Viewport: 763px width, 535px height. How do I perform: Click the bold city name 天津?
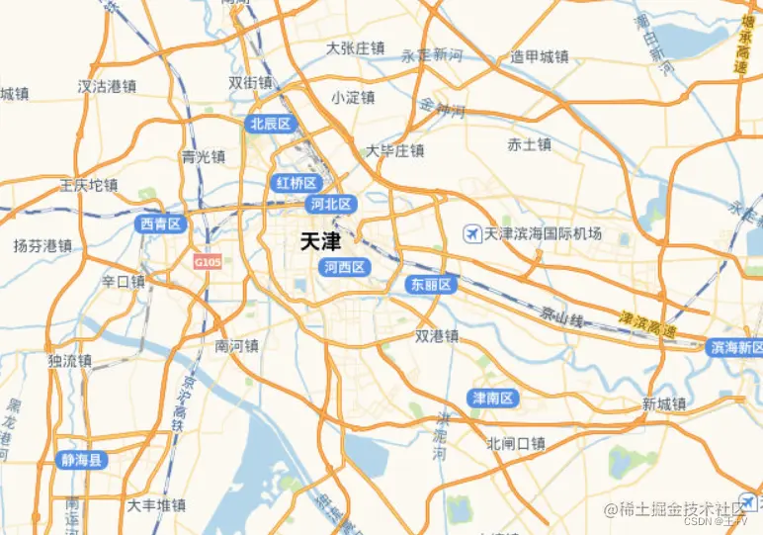click(x=319, y=241)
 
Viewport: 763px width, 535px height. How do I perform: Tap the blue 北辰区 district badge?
click(x=271, y=124)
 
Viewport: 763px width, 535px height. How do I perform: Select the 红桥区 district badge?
click(x=296, y=183)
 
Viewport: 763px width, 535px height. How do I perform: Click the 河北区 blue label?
click(x=330, y=204)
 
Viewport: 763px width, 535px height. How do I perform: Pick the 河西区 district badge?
click(x=344, y=267)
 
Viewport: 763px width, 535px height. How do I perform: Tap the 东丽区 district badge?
click(x=430, y=285)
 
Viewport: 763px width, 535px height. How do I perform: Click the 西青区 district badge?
click(x=161, y=224)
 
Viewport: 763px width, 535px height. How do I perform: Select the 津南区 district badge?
click(x=492, y=399)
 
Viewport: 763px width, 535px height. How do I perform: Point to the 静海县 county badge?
click(x=82, y=460)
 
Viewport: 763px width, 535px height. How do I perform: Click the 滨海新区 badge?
click(x=735, y=347)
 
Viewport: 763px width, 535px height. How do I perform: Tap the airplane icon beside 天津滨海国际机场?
click(x=472, y=234)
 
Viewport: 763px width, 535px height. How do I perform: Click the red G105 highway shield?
click(x=208, y=262)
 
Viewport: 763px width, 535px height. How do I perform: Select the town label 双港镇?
click(x=437, y=336)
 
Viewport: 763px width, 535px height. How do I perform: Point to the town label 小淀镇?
click(x=353, y=97)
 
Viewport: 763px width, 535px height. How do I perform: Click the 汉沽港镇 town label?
click(x=106, y=86)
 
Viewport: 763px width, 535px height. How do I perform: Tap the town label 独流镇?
click(x=69, y=361)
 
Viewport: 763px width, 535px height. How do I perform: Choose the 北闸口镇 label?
click(x=516, y=443)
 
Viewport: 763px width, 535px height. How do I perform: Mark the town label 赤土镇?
click(x=529, y=145)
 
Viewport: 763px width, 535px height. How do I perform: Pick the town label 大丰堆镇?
click(x=156, y=505)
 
